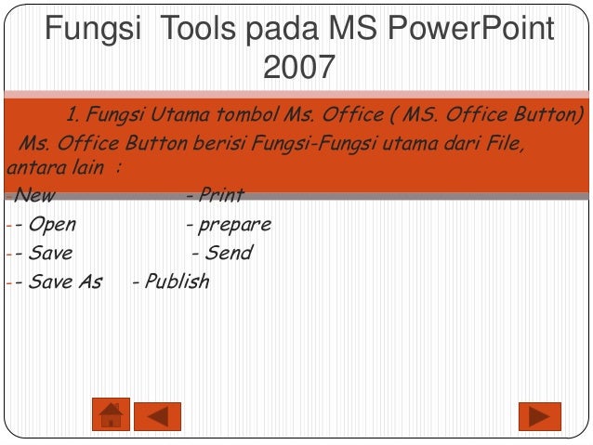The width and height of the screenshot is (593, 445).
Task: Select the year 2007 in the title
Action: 297,68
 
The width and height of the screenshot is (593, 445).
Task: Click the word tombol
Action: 270,117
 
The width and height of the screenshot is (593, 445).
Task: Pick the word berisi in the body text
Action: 224,145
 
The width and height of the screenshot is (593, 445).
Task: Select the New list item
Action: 34,195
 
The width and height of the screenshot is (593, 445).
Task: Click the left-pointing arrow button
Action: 157,415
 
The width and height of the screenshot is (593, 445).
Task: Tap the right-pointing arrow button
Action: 539,415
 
